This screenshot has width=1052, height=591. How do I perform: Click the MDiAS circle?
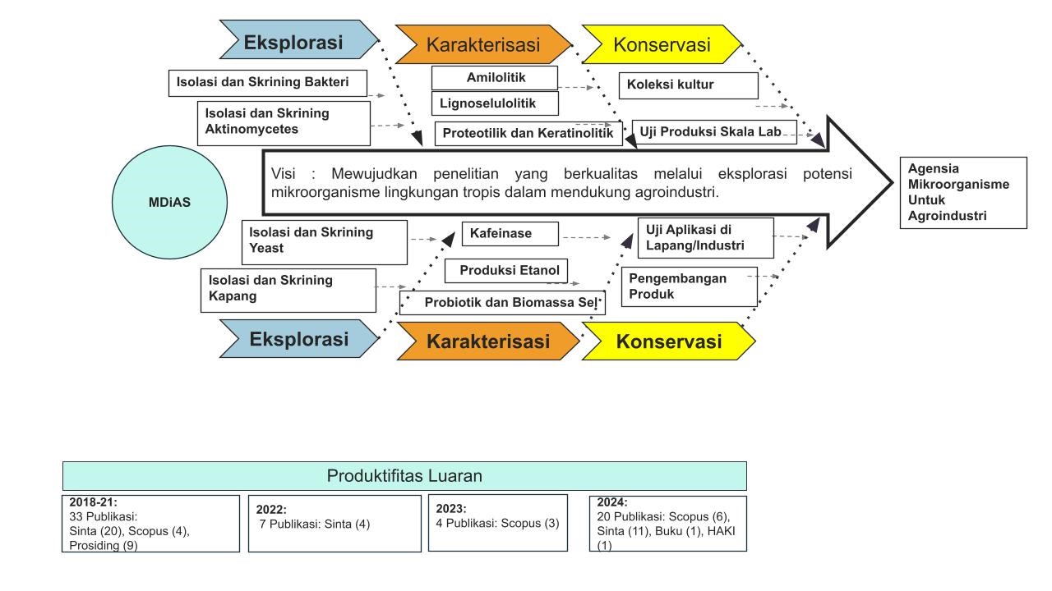click(x=169, y=202)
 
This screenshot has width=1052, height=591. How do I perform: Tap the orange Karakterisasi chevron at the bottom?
click(x=488, y=341)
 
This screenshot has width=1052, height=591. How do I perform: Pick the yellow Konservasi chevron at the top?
click(x=662, y=44)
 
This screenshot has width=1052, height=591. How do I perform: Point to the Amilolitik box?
click(x=495, y=78)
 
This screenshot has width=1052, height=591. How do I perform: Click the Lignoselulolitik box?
click(x=495, y=103)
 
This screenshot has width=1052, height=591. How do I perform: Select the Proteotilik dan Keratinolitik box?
click(x=528, y=133)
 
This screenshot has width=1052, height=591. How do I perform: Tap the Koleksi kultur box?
click(x=688, y=85)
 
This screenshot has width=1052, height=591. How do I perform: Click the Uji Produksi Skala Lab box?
click(x=714, y=131)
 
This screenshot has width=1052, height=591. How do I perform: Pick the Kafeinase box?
click(x=510, y=234)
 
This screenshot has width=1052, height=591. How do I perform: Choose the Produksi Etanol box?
click(x=506, y=270)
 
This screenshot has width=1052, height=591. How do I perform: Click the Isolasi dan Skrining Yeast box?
click(x=325, y=241)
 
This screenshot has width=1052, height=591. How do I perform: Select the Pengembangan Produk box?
click(x=689, y=286)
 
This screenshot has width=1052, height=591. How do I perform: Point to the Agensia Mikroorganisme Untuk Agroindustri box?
click(x=963, y=193)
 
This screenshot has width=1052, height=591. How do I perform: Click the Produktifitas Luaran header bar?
click(x=404, y=476)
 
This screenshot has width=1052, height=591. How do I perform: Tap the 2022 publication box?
click(x=334, y=523)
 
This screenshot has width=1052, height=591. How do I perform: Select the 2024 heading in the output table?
click(x=612, y=502)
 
